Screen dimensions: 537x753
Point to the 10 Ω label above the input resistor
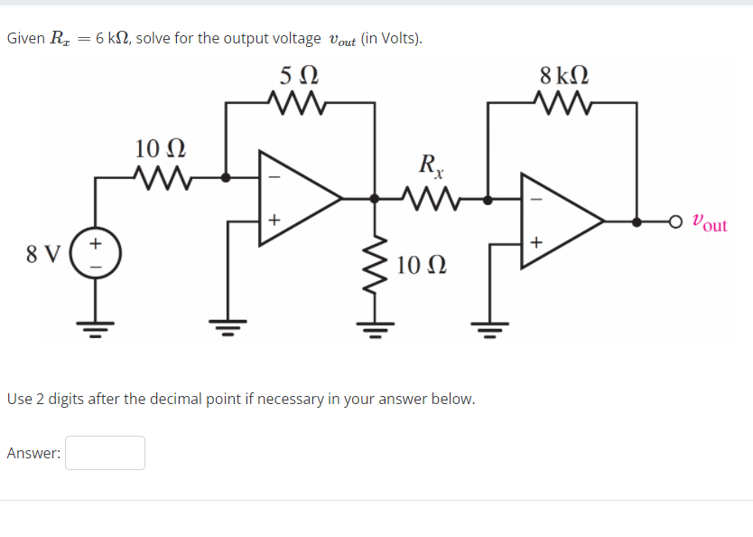coord(160,147)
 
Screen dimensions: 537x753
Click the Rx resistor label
coord(431,165)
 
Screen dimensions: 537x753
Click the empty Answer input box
coord(105,453)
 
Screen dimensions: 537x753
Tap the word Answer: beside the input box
coord(33,454)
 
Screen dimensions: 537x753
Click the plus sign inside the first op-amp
coord(274,220)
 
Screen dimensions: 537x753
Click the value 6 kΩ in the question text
coord(113,39)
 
